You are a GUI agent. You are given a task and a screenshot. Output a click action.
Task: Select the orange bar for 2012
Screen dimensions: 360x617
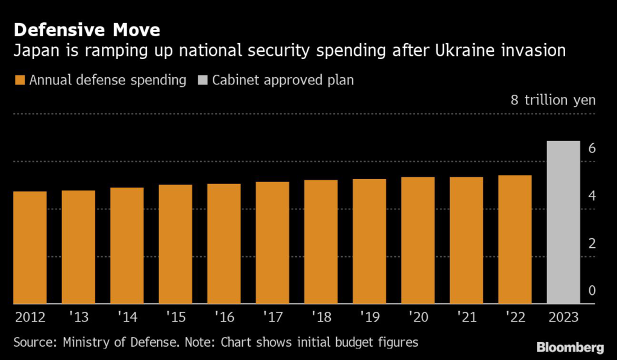(30, 247)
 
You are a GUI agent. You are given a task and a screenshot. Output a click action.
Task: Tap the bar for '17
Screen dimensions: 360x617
(272, 242)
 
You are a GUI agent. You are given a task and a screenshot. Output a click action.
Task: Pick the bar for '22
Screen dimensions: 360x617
(515, 239)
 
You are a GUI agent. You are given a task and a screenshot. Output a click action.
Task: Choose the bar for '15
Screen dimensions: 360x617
(175, 244)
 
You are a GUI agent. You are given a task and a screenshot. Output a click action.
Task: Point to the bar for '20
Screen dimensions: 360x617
(418, 240)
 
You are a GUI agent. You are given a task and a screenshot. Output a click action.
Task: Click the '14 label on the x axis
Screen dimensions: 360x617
(127, 316)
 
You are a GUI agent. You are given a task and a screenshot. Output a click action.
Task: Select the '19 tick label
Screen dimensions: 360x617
(369, 316)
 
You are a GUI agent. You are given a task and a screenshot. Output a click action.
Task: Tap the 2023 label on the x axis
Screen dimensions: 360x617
(563, 316)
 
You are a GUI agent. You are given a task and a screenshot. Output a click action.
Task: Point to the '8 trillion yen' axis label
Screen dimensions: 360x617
(553, 100)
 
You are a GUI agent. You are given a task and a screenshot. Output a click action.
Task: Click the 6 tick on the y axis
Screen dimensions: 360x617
(592, 148)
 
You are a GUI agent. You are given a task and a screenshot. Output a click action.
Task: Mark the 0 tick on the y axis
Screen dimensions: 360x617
(592, 291)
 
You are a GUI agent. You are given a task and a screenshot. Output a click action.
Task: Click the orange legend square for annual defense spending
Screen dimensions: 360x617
(19, 80)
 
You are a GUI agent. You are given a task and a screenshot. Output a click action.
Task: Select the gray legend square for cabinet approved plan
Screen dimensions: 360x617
(202, 80)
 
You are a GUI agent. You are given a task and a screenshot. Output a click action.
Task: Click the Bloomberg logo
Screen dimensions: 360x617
(569, 347)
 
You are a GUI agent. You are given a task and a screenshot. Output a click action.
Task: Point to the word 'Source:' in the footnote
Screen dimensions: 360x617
(34, 343)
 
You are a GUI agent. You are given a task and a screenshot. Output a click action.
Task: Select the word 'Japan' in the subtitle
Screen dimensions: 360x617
(34, 51)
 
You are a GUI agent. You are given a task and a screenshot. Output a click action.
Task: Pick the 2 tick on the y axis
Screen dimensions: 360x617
(592, 244)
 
